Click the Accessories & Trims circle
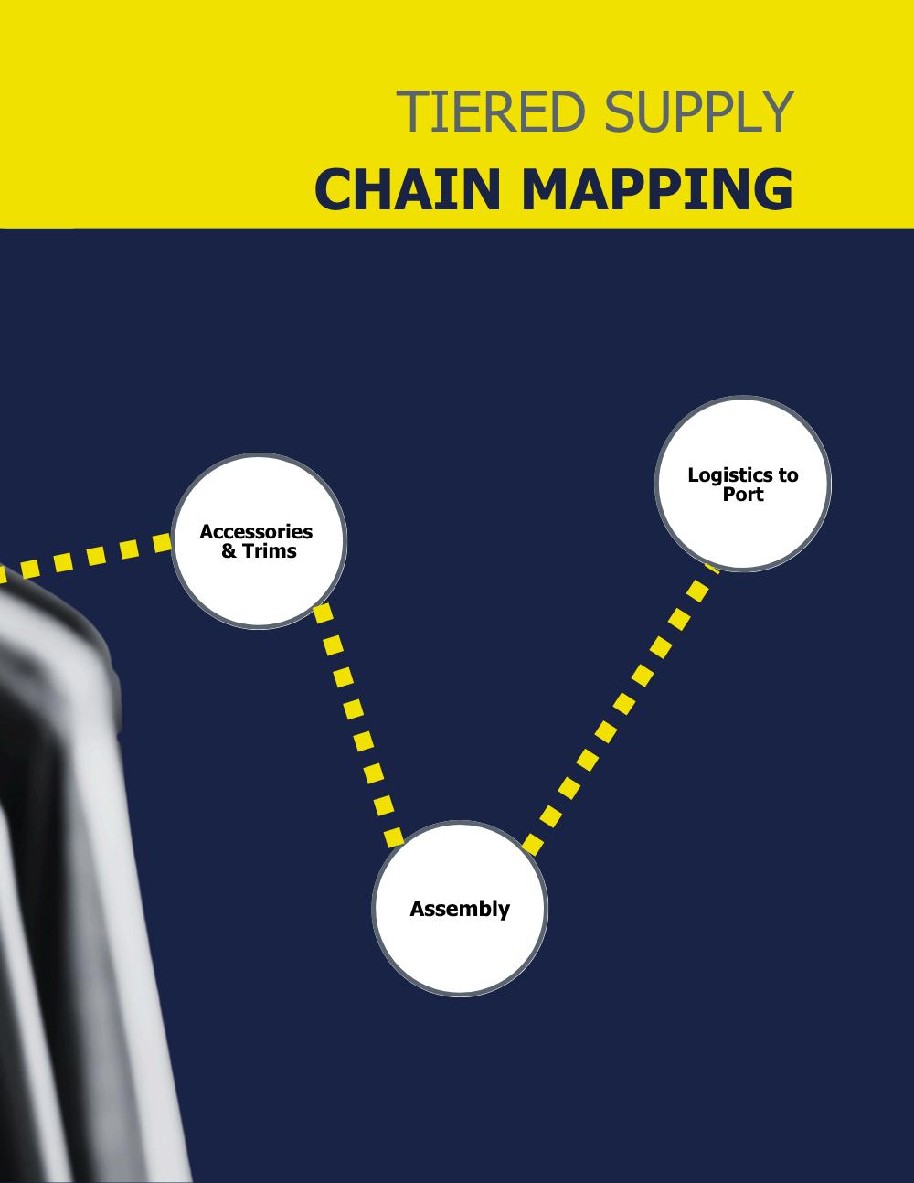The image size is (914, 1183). pyautogui.click(x=259, y=585)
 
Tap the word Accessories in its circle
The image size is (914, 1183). pyautogui.click(x=256, y=532)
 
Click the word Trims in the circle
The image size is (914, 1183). pyautogui.click(x=270, y=551)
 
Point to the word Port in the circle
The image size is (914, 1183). pyautogui.click(x=743, y=495)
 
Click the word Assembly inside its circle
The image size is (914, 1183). pyautogui.click(x=460, y=909)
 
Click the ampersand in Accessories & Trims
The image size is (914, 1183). pyautogui.click(x=228, y=551)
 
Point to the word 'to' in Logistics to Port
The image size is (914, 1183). pyautogui.click(x=788, y=475)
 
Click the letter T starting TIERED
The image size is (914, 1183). pyautogui.click(x=408, y=112)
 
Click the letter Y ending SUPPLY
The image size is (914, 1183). pyautogui.click(x=777, y=112)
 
